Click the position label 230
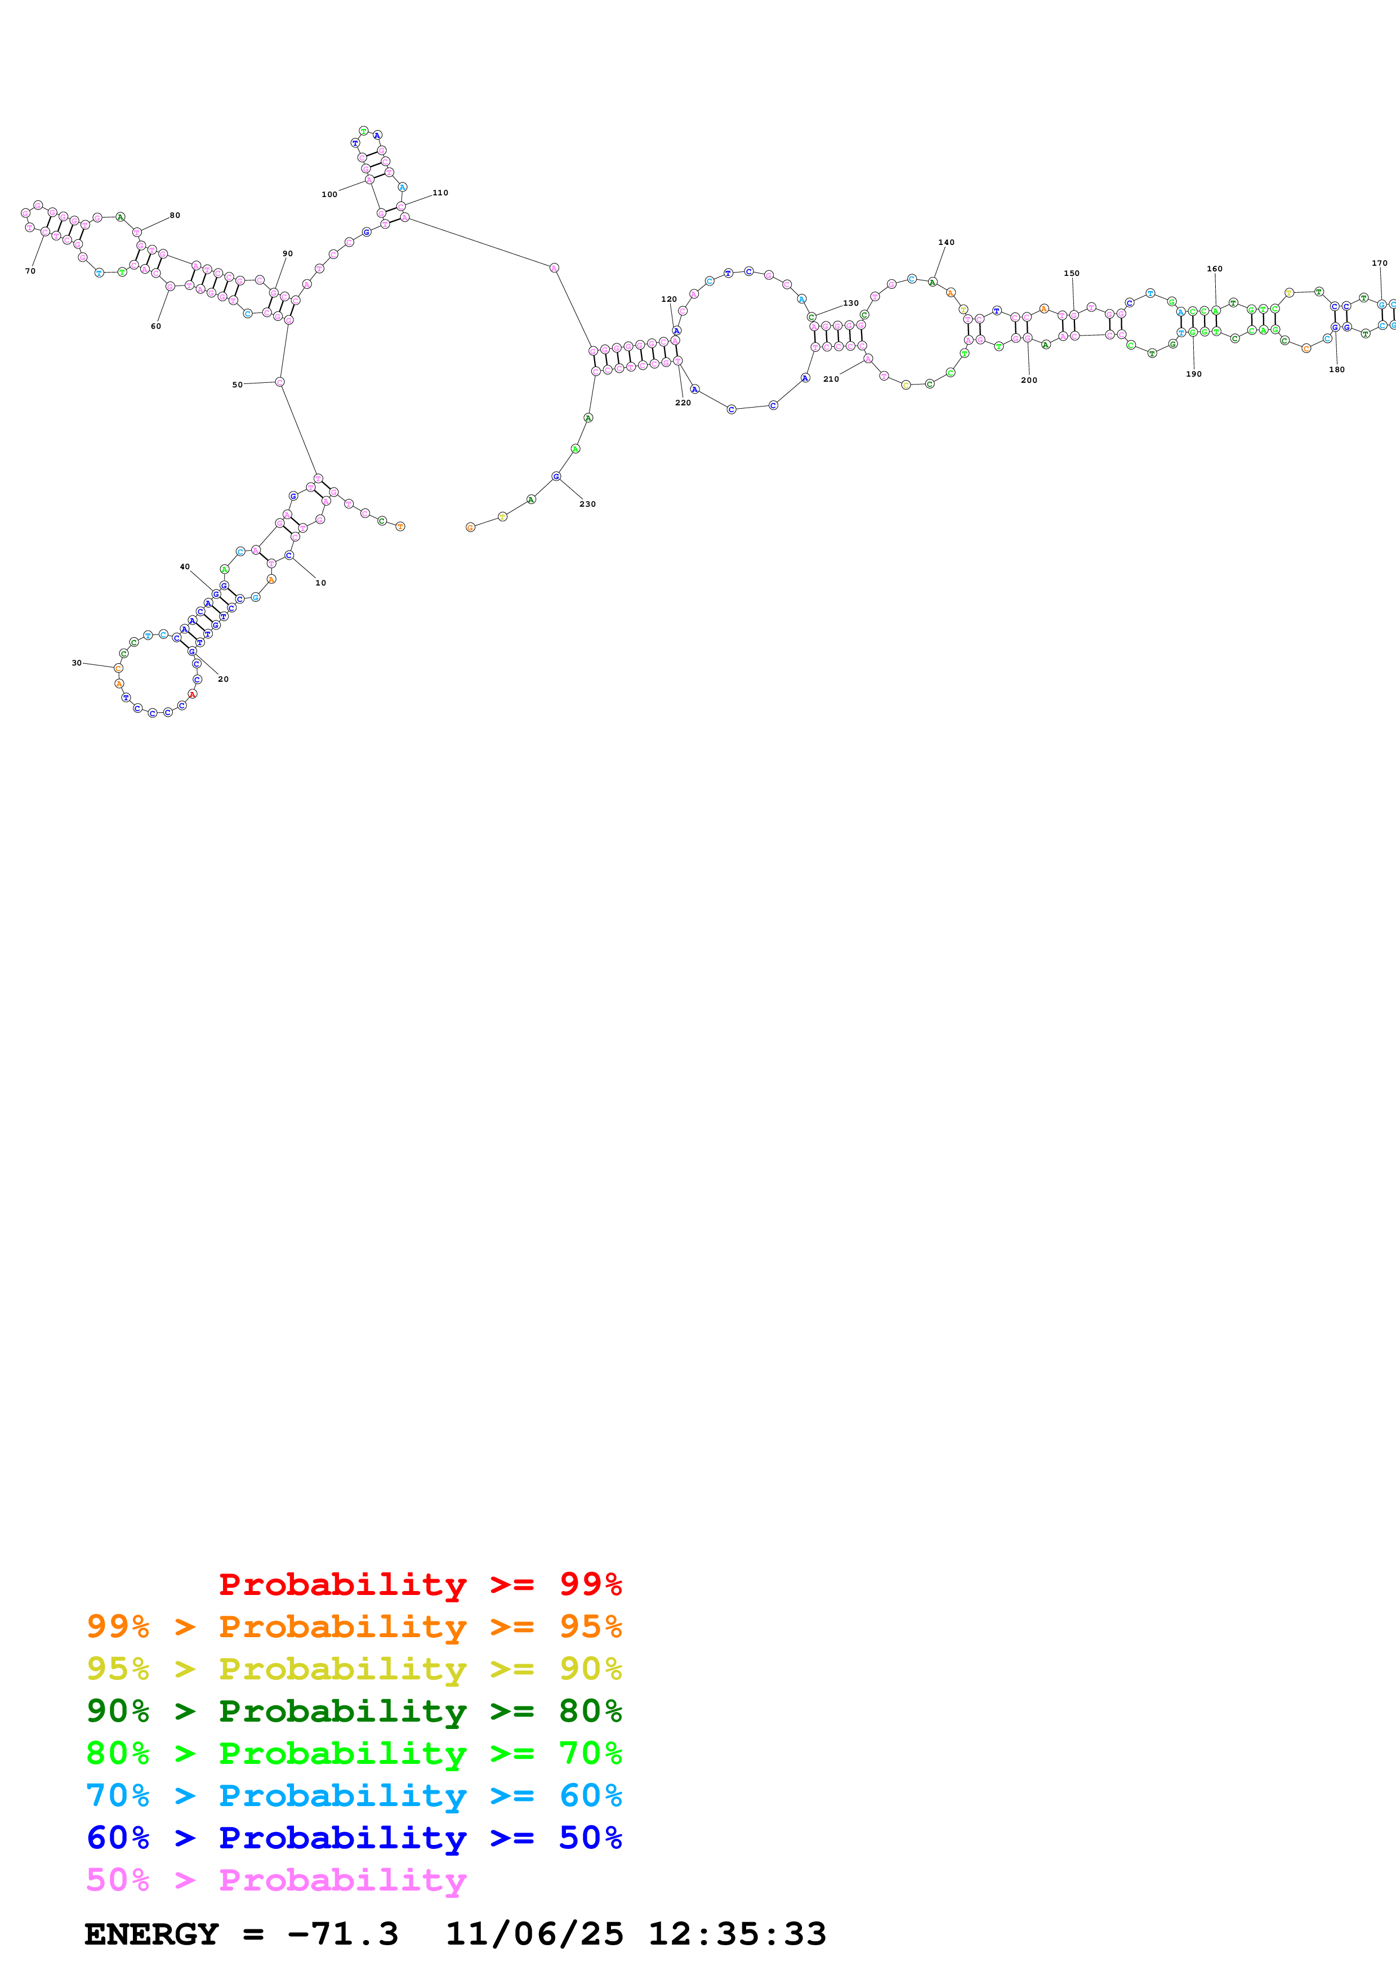587,504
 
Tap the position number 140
946,243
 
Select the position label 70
30,271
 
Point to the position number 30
77,663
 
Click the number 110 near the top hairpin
440,193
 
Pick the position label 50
238,385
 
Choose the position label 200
1029,380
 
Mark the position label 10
321,583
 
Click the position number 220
683,403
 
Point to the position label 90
287,254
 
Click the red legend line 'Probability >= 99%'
420,1584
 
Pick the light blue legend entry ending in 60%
354,1795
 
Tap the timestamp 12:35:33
737,1934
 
